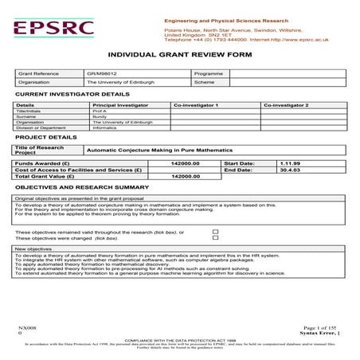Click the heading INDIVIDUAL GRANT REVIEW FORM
179,54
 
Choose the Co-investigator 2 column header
285,104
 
